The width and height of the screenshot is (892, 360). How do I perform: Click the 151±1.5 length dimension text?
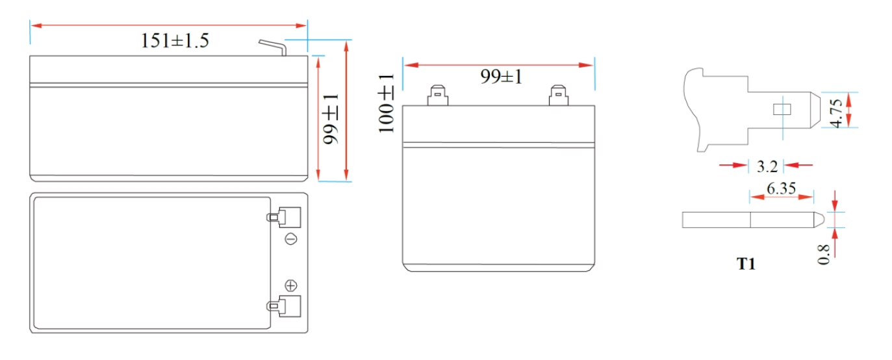(x=175, y=41)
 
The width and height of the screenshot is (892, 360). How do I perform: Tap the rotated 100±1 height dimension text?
(x=386, y=103)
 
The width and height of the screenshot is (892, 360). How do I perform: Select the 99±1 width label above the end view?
(x=501, y=77)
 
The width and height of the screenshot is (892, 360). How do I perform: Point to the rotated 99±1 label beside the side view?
(x=331, y=119)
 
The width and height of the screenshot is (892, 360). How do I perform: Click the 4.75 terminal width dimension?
(x=836, y=114)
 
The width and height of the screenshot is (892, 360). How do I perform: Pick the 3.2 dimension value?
(x=767, y=166)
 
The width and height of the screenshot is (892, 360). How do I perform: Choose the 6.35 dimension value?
(x=782, y=188)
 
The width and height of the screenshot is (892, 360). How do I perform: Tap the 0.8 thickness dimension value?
(x=823, y=255)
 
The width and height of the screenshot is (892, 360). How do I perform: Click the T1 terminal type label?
(x=746, y=264)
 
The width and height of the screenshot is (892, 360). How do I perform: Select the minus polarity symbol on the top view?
(x=291, y=239)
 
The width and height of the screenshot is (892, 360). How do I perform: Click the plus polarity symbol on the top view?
(x=291, y=285)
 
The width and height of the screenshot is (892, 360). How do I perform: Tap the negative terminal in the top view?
(x=283, y=217)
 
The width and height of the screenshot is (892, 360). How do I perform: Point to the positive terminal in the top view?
(x=283, y=306)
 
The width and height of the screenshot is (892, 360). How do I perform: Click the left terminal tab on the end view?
(x=438, y=95)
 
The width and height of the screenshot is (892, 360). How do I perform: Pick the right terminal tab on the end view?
(x=559, y=95)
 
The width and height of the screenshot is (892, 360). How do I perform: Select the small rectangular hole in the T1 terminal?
(x=782, y=110)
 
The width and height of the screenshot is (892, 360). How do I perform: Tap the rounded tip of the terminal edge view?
(x=819, y=220)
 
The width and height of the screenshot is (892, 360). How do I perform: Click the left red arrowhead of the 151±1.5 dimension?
(x=36, y=25)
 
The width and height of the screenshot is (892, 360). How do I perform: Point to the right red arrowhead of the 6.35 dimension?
(x=806, y=197)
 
